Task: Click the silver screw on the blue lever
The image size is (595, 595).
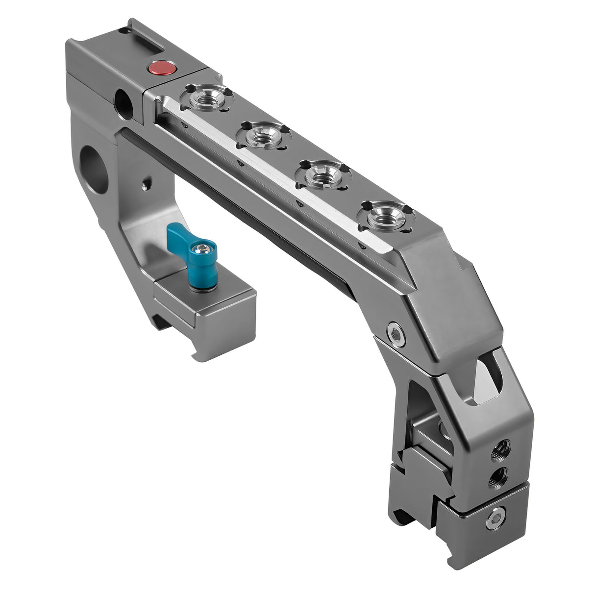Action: tap(200, 250)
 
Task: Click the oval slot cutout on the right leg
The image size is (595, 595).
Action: tap(485, 378)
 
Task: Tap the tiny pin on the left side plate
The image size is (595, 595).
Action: tap(143, 185)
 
